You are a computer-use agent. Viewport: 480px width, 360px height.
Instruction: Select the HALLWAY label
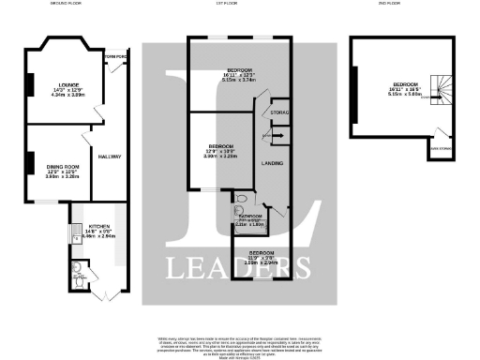click(x=109, y=157)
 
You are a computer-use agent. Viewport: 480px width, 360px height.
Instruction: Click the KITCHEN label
click(x=100, y=227)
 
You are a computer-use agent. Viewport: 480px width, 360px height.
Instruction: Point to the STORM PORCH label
click(x=115, y=55)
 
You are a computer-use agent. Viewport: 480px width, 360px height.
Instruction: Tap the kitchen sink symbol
click(x=72, y=232)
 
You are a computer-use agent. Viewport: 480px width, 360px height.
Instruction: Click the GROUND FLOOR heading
click(x=65, y=4)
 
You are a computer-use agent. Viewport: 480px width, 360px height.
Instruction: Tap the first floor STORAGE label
click(x=279, y=113)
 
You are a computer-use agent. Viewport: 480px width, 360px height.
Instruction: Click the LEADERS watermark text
click(x=239, y=267)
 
